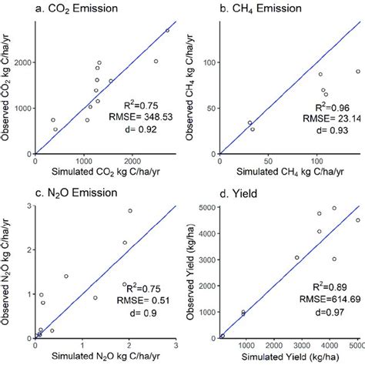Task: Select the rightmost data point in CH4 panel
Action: pyautogui.click(x=358, y=71)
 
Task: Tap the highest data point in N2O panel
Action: pyautogui.click(x=129, y=210)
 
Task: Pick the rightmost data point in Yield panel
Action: pyautogui.click(x=357, y=220)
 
